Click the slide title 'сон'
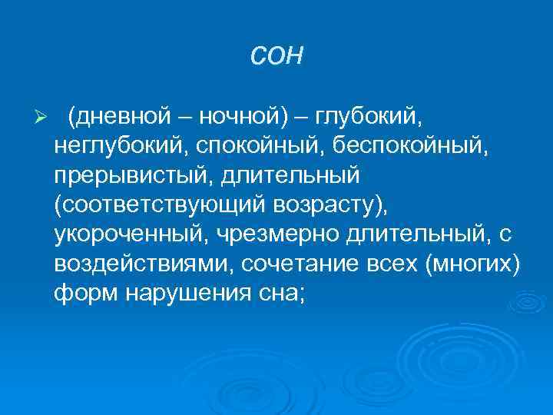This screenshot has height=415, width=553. (x=276, y=56)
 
